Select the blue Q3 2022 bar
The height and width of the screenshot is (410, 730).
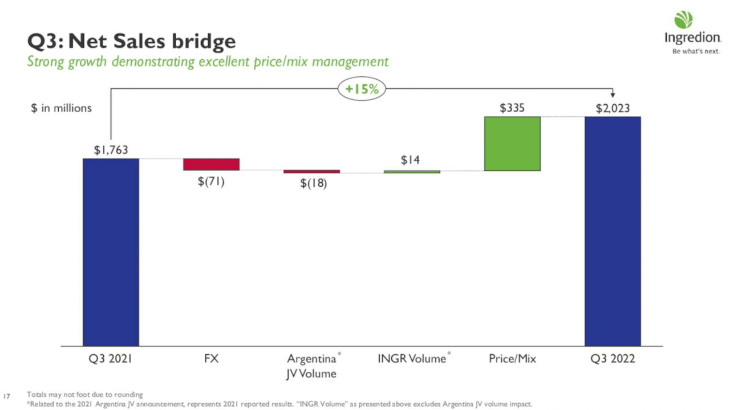point(613,231)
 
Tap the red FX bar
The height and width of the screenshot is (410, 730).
point(211,164)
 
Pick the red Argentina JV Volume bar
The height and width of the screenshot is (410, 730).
point(311,171)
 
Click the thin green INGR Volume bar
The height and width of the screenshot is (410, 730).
point(412,171)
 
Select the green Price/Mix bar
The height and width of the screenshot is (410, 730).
point(512,143)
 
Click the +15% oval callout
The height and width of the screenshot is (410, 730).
point(362,89)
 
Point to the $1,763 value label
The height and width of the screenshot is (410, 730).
point(111,150)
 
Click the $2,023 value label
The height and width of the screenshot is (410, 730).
point(613,108)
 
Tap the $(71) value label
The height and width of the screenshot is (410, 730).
point(211,182)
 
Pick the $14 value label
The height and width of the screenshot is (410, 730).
point(410,161)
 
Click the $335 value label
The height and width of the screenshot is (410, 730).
point(512,108)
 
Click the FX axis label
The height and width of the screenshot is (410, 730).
point(211,359)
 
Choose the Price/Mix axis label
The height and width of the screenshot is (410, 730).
point(512,359)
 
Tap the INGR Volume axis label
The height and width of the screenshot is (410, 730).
point(412,359)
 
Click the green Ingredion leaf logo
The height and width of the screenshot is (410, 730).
point(683,20)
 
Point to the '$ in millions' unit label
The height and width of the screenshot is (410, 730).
point(61,108)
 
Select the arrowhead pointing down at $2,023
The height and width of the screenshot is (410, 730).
point(613,96)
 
